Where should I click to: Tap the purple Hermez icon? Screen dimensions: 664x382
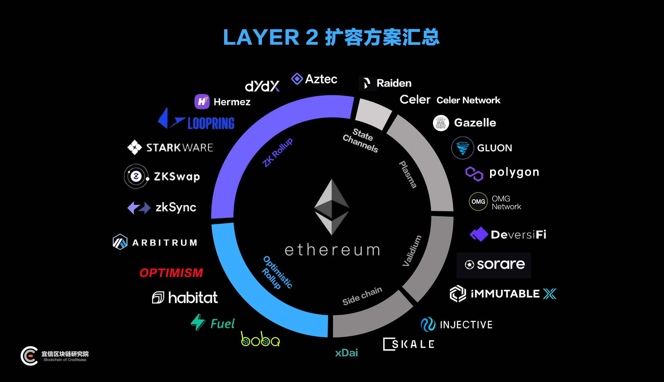click(202, 102)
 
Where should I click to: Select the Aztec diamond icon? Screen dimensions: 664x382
click(297, 79)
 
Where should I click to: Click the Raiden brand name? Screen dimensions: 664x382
click(394, 83)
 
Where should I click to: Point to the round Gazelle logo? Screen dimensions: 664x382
click(441, 123)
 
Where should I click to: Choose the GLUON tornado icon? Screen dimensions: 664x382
click(462, 148)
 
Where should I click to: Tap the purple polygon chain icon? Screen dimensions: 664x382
click(474, 174)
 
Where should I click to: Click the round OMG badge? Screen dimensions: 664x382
click(478, 202)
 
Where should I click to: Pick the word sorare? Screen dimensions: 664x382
click(501, 264)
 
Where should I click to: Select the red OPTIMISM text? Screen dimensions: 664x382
click(171, 273)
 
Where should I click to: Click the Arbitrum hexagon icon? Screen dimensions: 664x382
click(120, 242)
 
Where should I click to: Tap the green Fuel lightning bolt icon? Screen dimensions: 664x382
click(198, 322)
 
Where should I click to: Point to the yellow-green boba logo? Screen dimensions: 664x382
click(260, 339)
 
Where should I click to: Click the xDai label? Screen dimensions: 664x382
click(347, 353)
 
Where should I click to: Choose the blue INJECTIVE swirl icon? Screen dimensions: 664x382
click(428, 324)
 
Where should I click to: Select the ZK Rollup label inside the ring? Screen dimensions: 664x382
click(278, 152)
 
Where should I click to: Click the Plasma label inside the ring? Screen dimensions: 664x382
click(408, 174)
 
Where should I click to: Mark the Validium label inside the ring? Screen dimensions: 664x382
click(412, 251)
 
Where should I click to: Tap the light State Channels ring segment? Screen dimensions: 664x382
click(373, 114)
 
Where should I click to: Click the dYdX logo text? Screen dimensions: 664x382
click(262, 86)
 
